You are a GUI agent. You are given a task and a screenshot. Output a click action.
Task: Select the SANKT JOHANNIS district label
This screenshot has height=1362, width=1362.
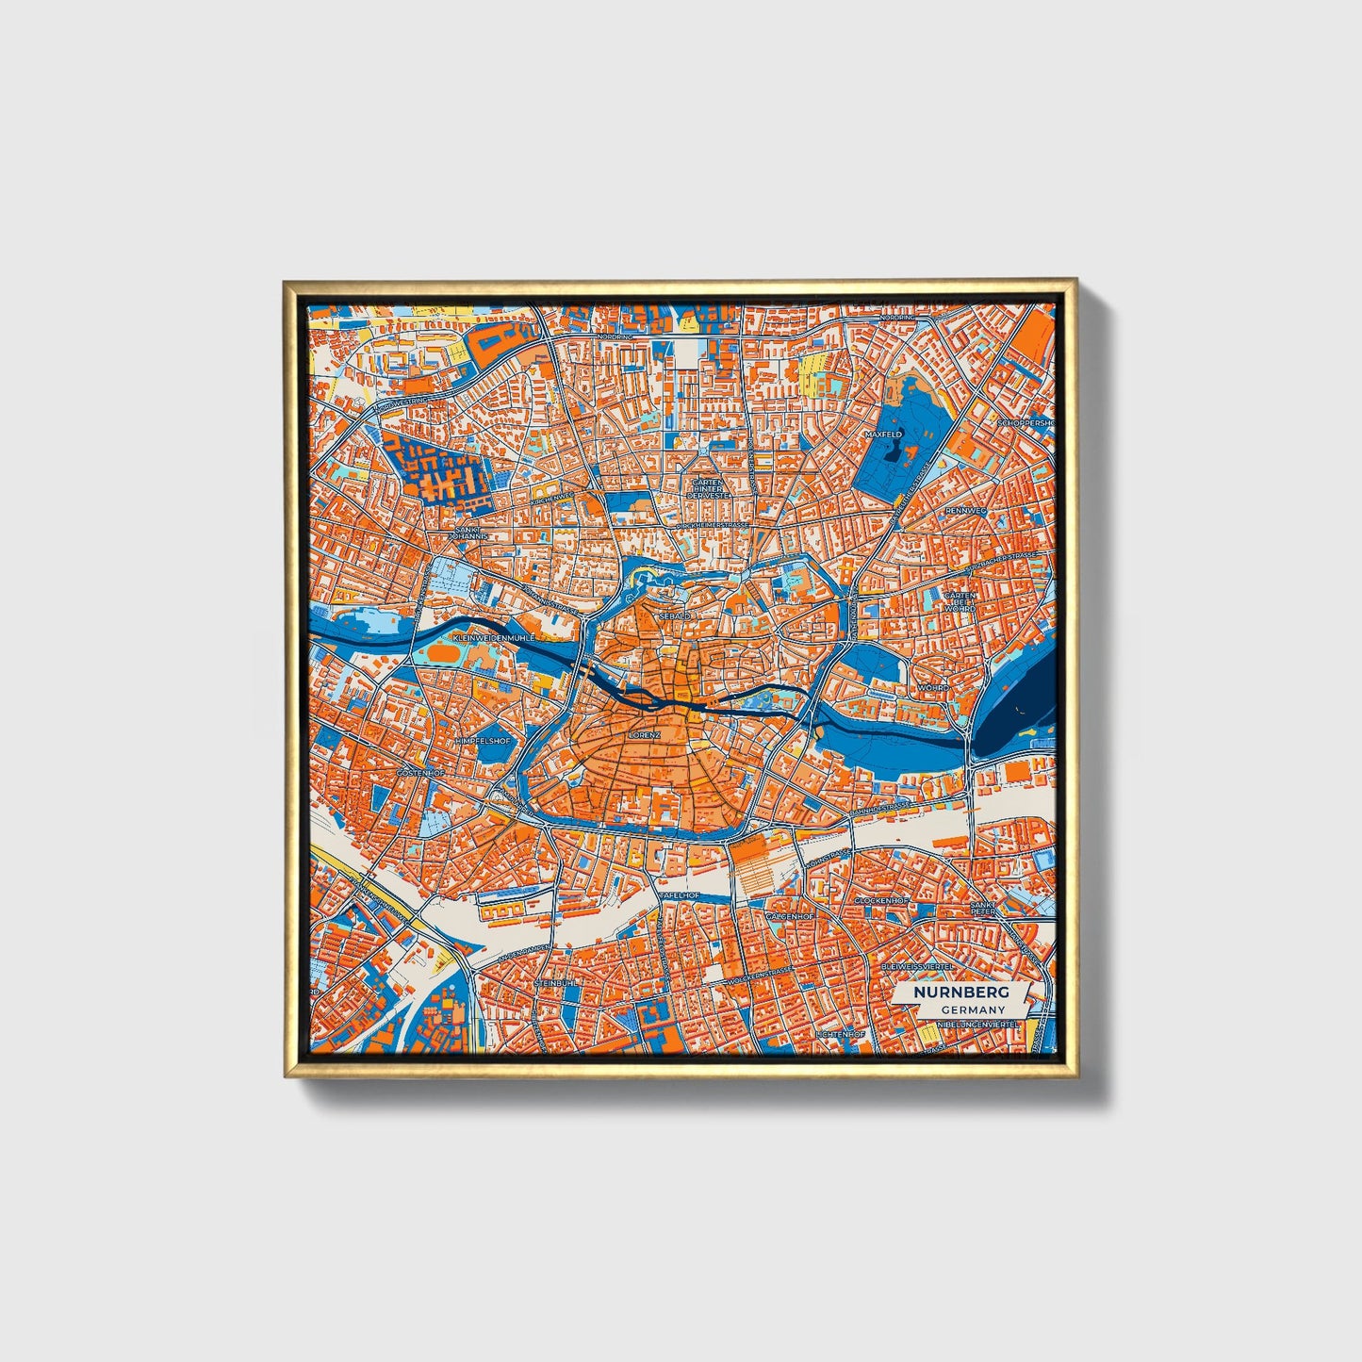coord(468,533)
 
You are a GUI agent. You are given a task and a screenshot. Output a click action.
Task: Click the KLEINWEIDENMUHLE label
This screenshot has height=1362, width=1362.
coord(494,638)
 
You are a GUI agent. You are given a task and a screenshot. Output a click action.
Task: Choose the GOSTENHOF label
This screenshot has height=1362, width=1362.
coord(419,773)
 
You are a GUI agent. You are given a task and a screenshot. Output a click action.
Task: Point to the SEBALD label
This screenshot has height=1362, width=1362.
coord(675,615)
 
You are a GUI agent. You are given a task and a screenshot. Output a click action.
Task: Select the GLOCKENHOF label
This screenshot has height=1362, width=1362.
coord(880,901)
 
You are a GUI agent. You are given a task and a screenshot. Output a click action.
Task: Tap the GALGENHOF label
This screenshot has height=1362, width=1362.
coord(789,915)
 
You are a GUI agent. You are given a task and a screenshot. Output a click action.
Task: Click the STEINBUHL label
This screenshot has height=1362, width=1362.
coord(555,983)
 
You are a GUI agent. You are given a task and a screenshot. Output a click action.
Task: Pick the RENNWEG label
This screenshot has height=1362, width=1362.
coord(965,512)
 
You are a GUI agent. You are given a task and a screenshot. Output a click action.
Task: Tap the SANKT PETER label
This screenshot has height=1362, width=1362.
coord(983,908)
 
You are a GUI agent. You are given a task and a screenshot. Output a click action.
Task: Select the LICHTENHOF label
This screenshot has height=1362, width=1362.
coord(841,1034)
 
